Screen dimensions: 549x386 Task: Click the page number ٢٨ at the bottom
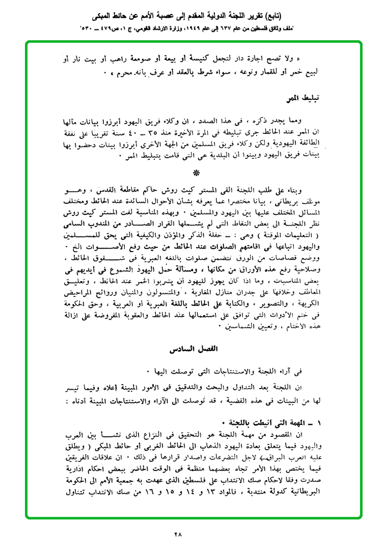[178, 534]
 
